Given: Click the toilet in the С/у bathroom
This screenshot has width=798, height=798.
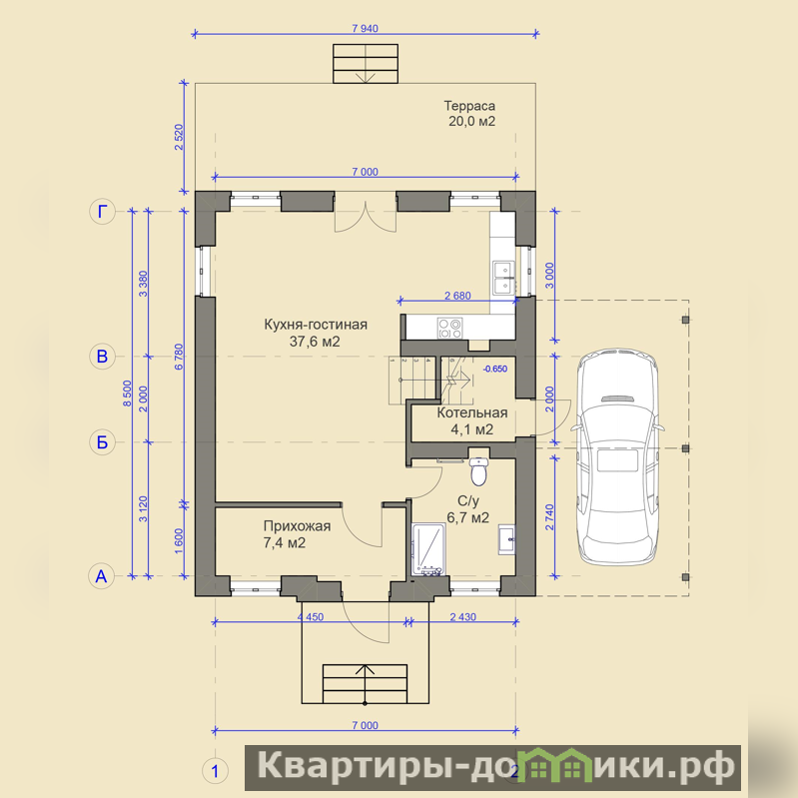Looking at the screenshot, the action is click(x=478, y=470).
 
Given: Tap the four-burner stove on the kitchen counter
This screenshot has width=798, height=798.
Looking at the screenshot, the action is click(x=449, y=328).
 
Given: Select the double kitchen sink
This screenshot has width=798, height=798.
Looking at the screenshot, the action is click(x=502, y=279).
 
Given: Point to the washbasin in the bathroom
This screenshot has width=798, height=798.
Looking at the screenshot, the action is click(x=506, y=538).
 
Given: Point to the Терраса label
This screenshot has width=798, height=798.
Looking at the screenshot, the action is click(x=469, y=106).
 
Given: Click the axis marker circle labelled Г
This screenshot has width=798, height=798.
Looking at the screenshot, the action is click(x=102, y=211).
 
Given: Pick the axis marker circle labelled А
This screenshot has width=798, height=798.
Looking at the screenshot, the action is click(x=102, y=576).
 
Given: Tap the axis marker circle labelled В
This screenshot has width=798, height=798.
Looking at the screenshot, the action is click(x=102, y=356).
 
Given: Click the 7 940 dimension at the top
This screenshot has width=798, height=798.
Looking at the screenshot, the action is click(x=365, y=29).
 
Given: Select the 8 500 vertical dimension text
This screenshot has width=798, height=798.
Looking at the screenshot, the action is click(x=127, y=393).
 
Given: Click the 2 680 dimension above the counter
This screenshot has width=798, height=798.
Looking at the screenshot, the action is click(x=457, y=296).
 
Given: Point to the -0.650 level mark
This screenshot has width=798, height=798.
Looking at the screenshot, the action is click(x=494, y=369).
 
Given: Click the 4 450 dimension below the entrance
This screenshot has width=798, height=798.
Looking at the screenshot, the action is click(x=311, y=617).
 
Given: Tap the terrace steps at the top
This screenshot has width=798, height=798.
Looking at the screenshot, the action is click(x=366, y=64).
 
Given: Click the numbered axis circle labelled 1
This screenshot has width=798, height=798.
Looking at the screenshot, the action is click(x=215, y=772).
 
